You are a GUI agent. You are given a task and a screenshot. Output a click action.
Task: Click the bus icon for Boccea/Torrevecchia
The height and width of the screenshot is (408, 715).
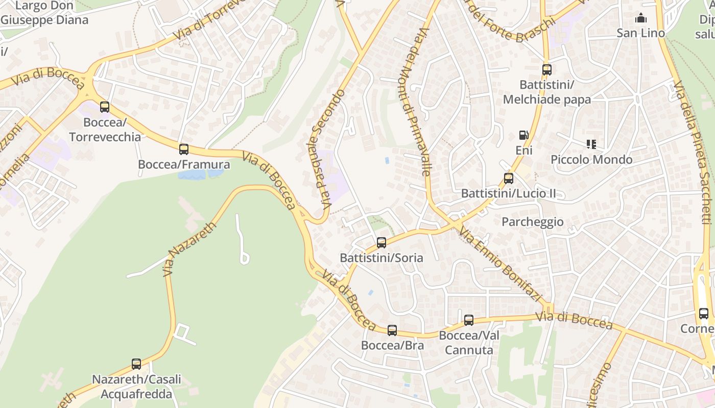[x=105, y=107]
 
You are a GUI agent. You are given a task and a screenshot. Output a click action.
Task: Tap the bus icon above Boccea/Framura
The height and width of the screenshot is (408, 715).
[x=184, y=149]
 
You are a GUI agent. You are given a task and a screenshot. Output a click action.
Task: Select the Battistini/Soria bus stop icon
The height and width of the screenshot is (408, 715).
[x=382, y=243]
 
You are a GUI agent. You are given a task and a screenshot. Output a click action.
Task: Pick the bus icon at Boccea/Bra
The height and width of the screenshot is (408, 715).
[x=392, y=330]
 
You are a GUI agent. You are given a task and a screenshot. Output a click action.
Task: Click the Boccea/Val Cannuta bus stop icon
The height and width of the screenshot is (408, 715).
[x=469, y=320]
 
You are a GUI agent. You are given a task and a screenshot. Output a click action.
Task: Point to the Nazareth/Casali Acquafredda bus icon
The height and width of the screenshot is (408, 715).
[x=136, y=364]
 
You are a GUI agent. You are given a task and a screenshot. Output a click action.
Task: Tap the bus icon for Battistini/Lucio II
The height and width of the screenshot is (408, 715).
[x=509, y=178]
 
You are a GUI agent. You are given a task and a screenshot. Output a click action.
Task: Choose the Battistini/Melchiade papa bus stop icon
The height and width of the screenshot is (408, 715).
[x=547, y=70]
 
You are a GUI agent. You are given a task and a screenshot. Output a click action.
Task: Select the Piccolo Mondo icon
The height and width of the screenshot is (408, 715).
[x=591, y=144]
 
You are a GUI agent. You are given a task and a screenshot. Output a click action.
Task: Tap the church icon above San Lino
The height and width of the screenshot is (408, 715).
[x=641, y=19]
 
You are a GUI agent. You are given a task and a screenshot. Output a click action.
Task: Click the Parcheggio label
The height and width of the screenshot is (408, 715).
[x=533, y=222]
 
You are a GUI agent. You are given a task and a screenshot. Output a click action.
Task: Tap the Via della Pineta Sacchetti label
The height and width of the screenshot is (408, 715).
[x=693, y=153]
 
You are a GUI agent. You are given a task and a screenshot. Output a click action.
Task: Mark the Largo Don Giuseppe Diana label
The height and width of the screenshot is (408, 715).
[x=44, y=13]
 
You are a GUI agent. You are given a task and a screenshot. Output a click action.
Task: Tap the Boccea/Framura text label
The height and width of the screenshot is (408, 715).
[x=184, y=165]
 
